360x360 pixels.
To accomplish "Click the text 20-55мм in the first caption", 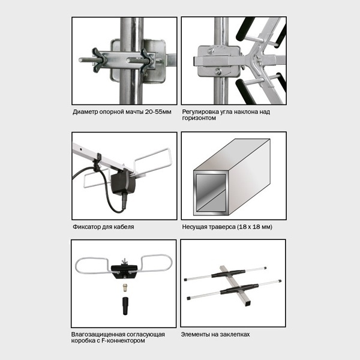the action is [x=158, y=112].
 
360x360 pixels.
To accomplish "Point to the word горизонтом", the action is [x=199, y=118].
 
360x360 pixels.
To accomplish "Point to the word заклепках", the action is [x=235, y=335].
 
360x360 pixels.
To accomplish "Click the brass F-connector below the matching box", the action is [x=125, y=287].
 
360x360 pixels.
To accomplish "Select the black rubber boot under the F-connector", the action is [x=125, y=306].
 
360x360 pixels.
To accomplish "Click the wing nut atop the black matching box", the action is [x=125, y=261].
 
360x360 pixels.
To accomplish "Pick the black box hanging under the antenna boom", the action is [x=123, y=184].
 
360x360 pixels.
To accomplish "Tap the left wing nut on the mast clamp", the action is [x=98, y=60].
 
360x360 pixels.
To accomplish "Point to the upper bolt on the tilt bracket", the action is [x=211, y=50].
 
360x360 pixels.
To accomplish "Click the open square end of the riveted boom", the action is [x=248, y=304].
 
